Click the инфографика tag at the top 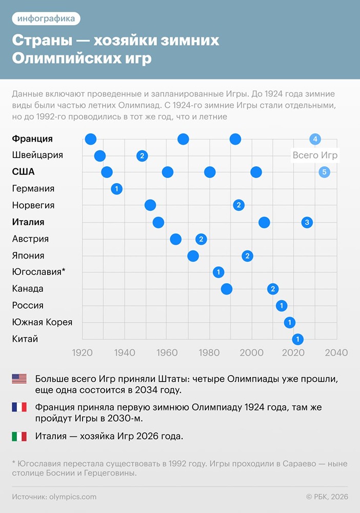coord(46,19)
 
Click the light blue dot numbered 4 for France coord(315,139)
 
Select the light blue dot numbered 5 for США coord(324,172)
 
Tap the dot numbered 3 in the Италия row coord(307,222)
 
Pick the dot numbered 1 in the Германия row coord(116,189)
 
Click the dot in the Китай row coord(297,339)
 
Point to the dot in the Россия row coord(282,306)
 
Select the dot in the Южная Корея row coord(290,323)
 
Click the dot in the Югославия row coord(218,272)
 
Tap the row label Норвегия coord(33,205)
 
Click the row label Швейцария coord(37,155)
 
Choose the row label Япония coord(28,255)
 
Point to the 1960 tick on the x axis coord(166,353)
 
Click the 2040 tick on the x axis coord(336,353)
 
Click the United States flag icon coord(19,379)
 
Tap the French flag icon coord(19,407)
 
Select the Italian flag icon coord(19,436)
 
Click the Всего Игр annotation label coord(315,155)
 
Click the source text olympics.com coord(73,497)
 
